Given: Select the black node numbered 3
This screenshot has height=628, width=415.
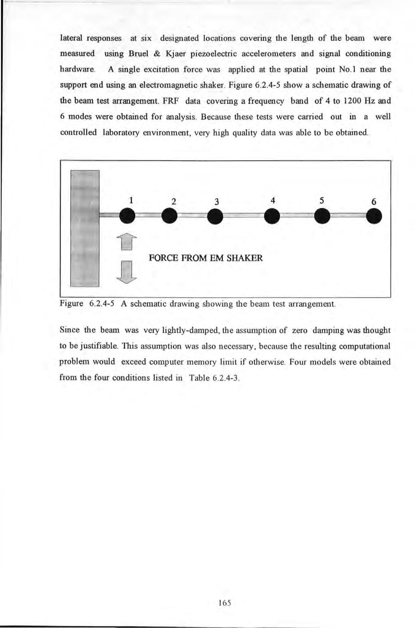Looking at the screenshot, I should pyautogui.click(x=215, y=217).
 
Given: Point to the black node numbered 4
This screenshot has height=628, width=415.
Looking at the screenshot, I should pyautogui.click(x=272, y=216).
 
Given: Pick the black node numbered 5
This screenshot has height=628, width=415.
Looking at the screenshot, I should pyautogui.click(x=322, y=216).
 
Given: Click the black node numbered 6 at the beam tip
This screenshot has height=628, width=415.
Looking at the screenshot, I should pyautogui.click(x=374, y=217).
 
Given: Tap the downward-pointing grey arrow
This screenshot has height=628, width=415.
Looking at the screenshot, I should pyautogui.click(x=126, y=271).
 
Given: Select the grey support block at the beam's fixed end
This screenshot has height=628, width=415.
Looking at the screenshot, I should pyautogui.click(x=85, y=228).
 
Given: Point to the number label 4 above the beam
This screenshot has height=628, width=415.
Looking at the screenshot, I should pyautogui.click(x=273, y=200).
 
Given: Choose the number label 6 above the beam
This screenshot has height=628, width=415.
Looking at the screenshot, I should pyautogui.click(x=374, y=202).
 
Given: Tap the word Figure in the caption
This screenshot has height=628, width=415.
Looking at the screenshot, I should pyautogui.click(x=71, y=303).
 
